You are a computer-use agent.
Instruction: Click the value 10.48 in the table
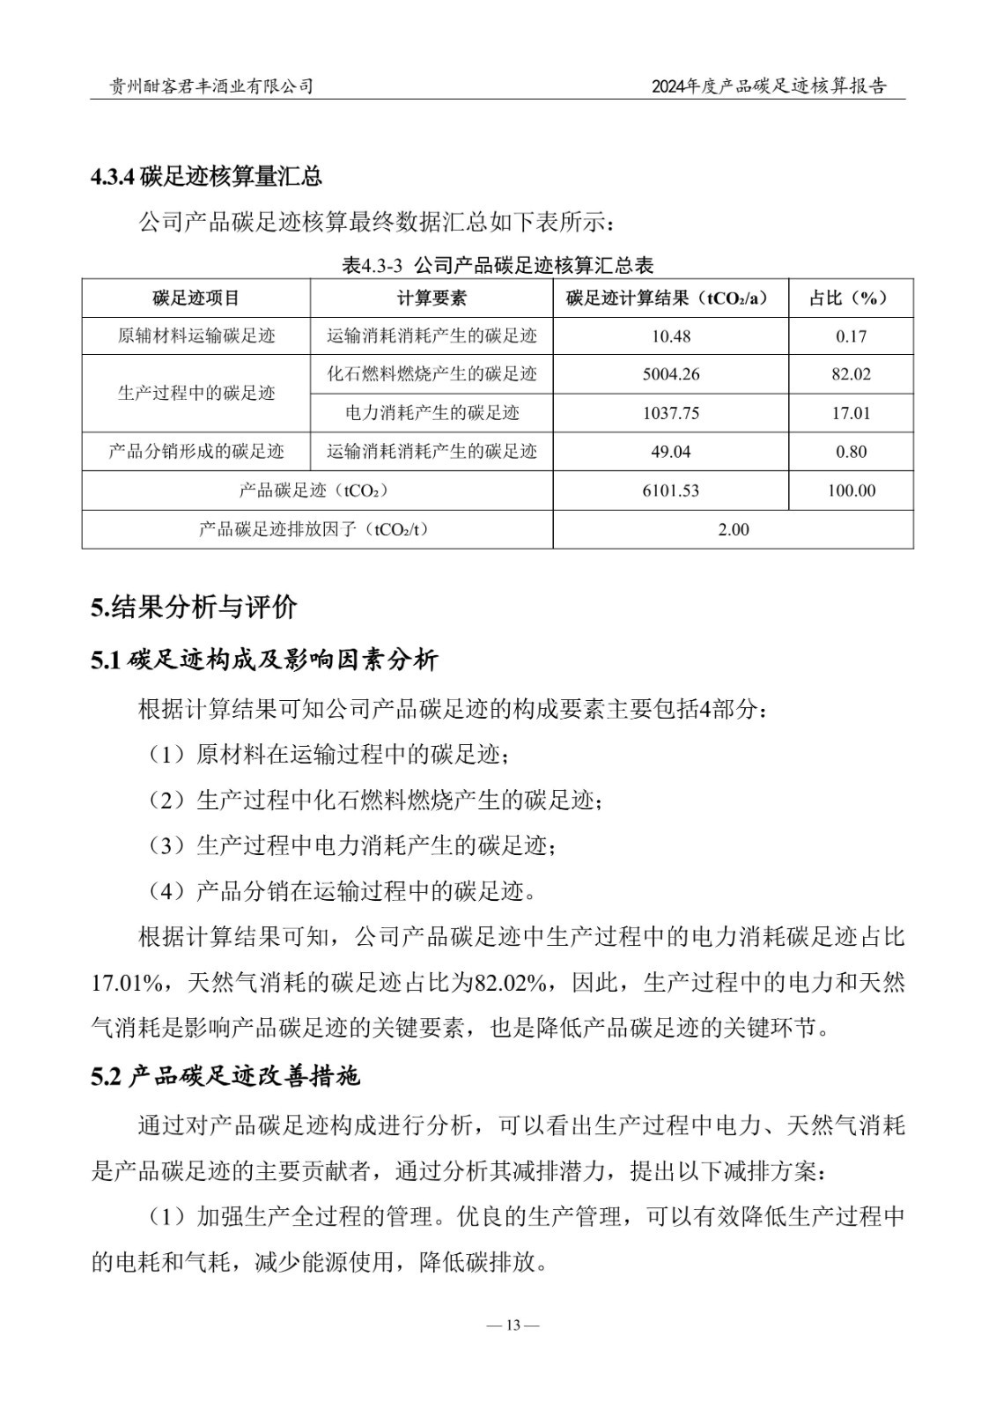tap(671, 336)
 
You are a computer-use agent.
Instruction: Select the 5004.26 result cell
tap(671, 374)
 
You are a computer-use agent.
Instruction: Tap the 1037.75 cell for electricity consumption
tap(671, 413)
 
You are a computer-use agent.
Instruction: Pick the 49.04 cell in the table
tap(671, 452)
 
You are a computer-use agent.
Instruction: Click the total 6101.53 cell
tap(671, 491)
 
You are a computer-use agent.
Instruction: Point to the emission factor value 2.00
tap(734, 529)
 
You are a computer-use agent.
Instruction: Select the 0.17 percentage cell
tap(851, 336)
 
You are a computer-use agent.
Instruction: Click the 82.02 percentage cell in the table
tap(851, 374)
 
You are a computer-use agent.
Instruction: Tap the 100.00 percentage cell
tap(851, 491)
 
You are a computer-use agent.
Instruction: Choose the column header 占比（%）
tap(851, 298)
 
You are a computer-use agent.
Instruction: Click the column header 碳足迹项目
tap(196, 298)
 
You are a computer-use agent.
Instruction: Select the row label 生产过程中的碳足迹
tap(196, 394)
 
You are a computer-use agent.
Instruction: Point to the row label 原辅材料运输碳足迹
tap(196, 336)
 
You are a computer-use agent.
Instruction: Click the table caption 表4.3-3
tap(498, 265)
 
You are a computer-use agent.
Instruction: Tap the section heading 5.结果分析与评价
tap(194, 607)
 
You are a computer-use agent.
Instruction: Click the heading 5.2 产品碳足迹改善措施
tap(225, 1076)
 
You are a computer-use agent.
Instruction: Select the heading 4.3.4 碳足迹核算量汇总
tap(206, 176)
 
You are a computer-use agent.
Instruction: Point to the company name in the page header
tap(210, 85)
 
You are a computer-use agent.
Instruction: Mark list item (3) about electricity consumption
tap(352, 846)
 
